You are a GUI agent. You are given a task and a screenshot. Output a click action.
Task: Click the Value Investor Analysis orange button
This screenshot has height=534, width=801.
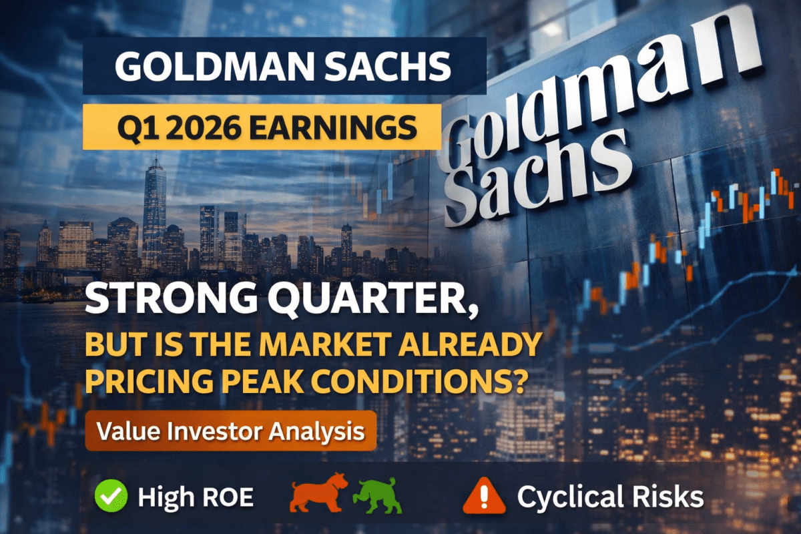pyautogui.click(x=230, y=431)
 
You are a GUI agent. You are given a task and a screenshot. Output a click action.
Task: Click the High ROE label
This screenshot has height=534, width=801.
pyautogui.click(x=196, y=496)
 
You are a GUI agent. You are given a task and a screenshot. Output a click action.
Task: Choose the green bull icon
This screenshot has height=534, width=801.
pyautogui.click(x=378, y=495)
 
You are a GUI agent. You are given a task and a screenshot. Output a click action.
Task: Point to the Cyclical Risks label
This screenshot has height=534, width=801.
pyautogui.click(x=609, y=496)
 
